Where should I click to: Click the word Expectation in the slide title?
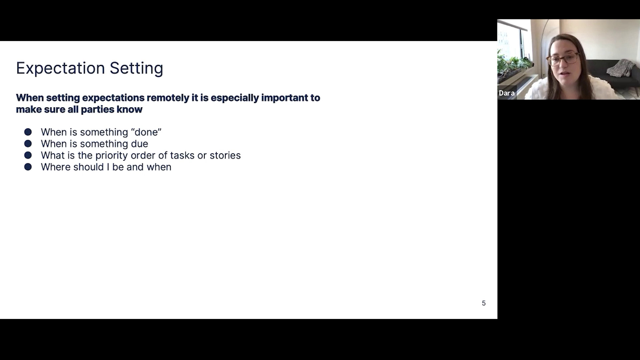[x=60, y=68]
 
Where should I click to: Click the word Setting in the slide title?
[x=136, y=68]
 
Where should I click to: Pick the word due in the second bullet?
[x=140, y=144]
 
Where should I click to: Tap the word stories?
[x=225, y=155]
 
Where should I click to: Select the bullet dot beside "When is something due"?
[x=28, y=144]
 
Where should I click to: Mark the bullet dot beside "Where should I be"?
[x=28, y=167]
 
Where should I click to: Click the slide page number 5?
[x=484, y=303]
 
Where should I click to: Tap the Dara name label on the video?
[x=507, y=93]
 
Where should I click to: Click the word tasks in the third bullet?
[x=182, y=155]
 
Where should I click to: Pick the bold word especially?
[x=235, y=98]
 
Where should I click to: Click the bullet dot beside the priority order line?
[x=28, y=155]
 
